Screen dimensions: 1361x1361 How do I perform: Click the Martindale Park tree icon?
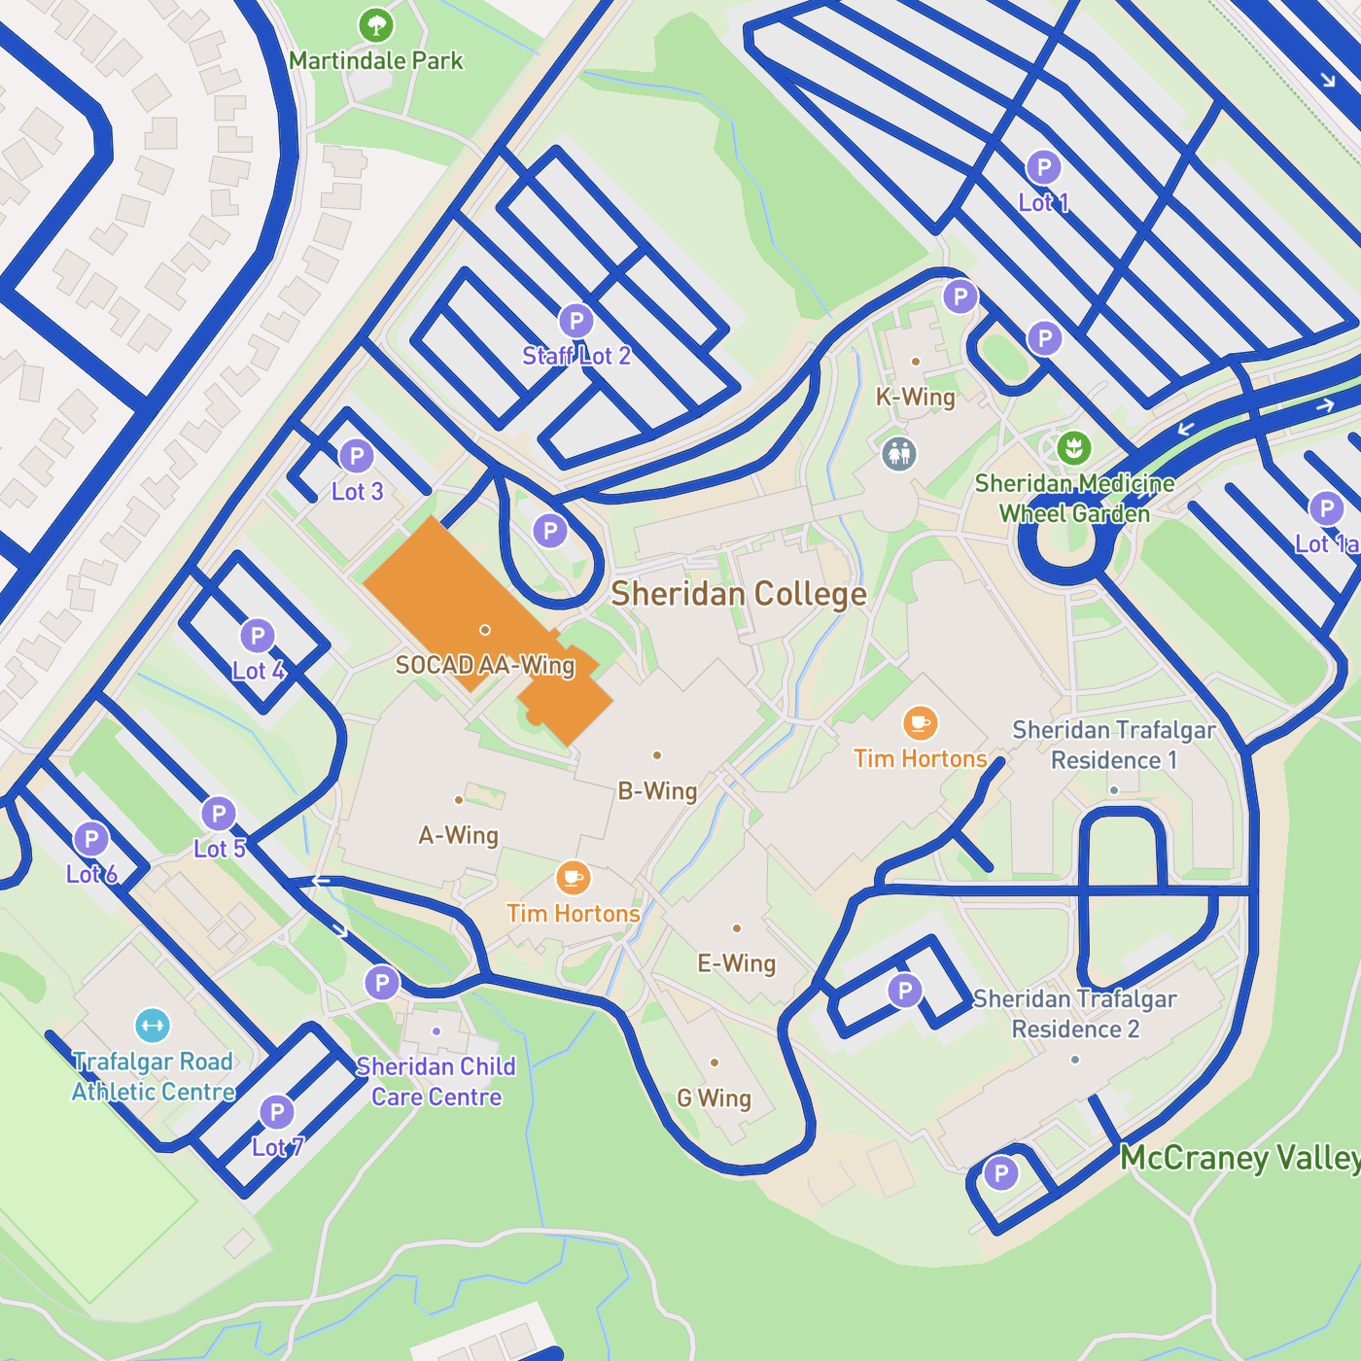(376, 25)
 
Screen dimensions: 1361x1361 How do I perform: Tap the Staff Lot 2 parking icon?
(576, 321)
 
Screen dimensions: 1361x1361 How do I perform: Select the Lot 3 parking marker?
(357, 456)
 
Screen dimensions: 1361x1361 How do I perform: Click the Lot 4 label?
(258, 671)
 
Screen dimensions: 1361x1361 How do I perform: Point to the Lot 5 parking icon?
(219, 814)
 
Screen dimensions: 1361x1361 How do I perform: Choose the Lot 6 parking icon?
(91, 839)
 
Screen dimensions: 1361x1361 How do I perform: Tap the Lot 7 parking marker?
(277, 1112)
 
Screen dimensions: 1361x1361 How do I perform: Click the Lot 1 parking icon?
(1043, 167)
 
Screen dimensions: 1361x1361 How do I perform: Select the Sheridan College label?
(739, 594)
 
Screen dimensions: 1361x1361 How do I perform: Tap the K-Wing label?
(915, 397)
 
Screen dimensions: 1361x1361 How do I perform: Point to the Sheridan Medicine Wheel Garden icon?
(1074, 448)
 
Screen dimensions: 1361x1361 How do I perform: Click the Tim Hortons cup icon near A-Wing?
(574, 878)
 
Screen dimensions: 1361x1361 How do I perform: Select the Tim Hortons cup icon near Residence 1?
(920, 723)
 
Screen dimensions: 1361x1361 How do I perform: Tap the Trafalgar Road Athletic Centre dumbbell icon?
(153, 1026)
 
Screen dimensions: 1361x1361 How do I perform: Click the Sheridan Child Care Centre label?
(436, 1082)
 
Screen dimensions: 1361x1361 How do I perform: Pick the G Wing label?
(714, 1099)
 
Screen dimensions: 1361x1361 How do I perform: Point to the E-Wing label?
(737, 963)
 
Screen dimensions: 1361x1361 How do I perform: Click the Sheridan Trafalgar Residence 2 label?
(1075, 1014)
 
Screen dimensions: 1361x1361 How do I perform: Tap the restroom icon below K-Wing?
(899, 453)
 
